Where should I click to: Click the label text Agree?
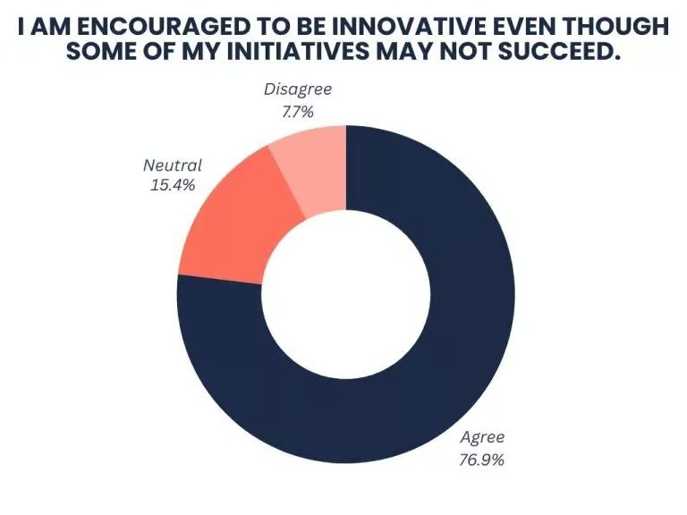(482, 437)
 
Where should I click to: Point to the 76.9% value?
(482, 460)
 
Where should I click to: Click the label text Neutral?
(173, 165)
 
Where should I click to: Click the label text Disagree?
(297, 90)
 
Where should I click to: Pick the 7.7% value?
(297, 113)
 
